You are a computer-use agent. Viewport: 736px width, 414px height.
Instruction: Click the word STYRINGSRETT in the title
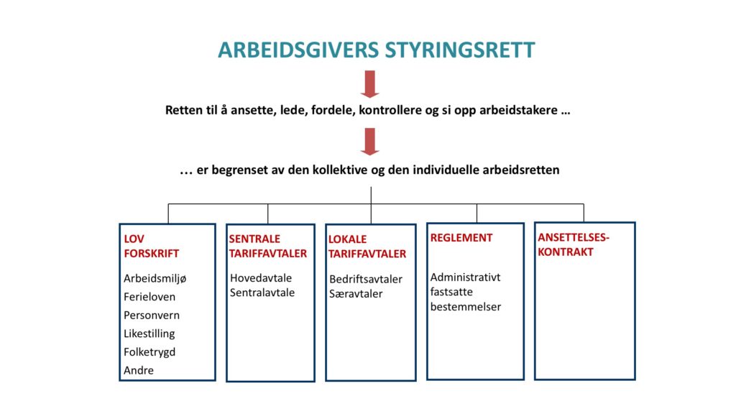pyautogui.click(x=460, y=50)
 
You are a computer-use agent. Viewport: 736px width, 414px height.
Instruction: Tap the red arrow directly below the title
pyautogui.click(x=370, y=84)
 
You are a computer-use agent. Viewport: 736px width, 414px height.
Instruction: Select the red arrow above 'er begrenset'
pyautogui.click(x=370, y=142)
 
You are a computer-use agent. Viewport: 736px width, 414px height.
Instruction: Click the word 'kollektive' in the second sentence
pyautogui.click(x=339, y=170)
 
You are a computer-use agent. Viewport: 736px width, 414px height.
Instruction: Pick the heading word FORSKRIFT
pyautogui.click(x=151, y=254)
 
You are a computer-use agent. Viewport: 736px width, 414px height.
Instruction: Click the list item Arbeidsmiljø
pyautogui.click(x=155, y=279)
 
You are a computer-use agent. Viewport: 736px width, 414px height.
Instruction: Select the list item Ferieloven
pyautogui.click(x=149, y=297)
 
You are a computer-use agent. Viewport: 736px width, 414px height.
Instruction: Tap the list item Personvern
pyautogui.click(x=152, y=316)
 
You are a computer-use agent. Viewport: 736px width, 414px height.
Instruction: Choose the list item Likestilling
pyautogui.click(x=149, y=333)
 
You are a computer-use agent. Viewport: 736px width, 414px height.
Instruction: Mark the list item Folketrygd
pyautogui.click(x=149, y=352)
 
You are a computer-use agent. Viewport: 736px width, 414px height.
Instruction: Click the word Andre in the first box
pyautogui.click(x=139, y=370)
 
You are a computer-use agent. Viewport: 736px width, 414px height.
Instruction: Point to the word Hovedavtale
pyautogui.click(x=261, y=278)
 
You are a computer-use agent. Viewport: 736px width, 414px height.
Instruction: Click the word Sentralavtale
pyautogui.click(x=262, y=293)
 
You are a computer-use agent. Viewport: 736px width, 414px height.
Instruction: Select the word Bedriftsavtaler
pyautogui.click(x=366, y=280)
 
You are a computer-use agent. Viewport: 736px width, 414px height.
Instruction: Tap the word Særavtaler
pyautogui.click(x=356, y=294)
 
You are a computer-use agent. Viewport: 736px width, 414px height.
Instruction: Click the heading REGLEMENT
pyautogui.click(x=461, y=238)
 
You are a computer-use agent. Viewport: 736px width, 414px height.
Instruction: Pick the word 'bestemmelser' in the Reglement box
pyautogui.click(x=466, y=306)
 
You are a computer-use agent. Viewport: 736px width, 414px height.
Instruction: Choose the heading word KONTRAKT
pyautogui.click(x=566, y=252)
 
